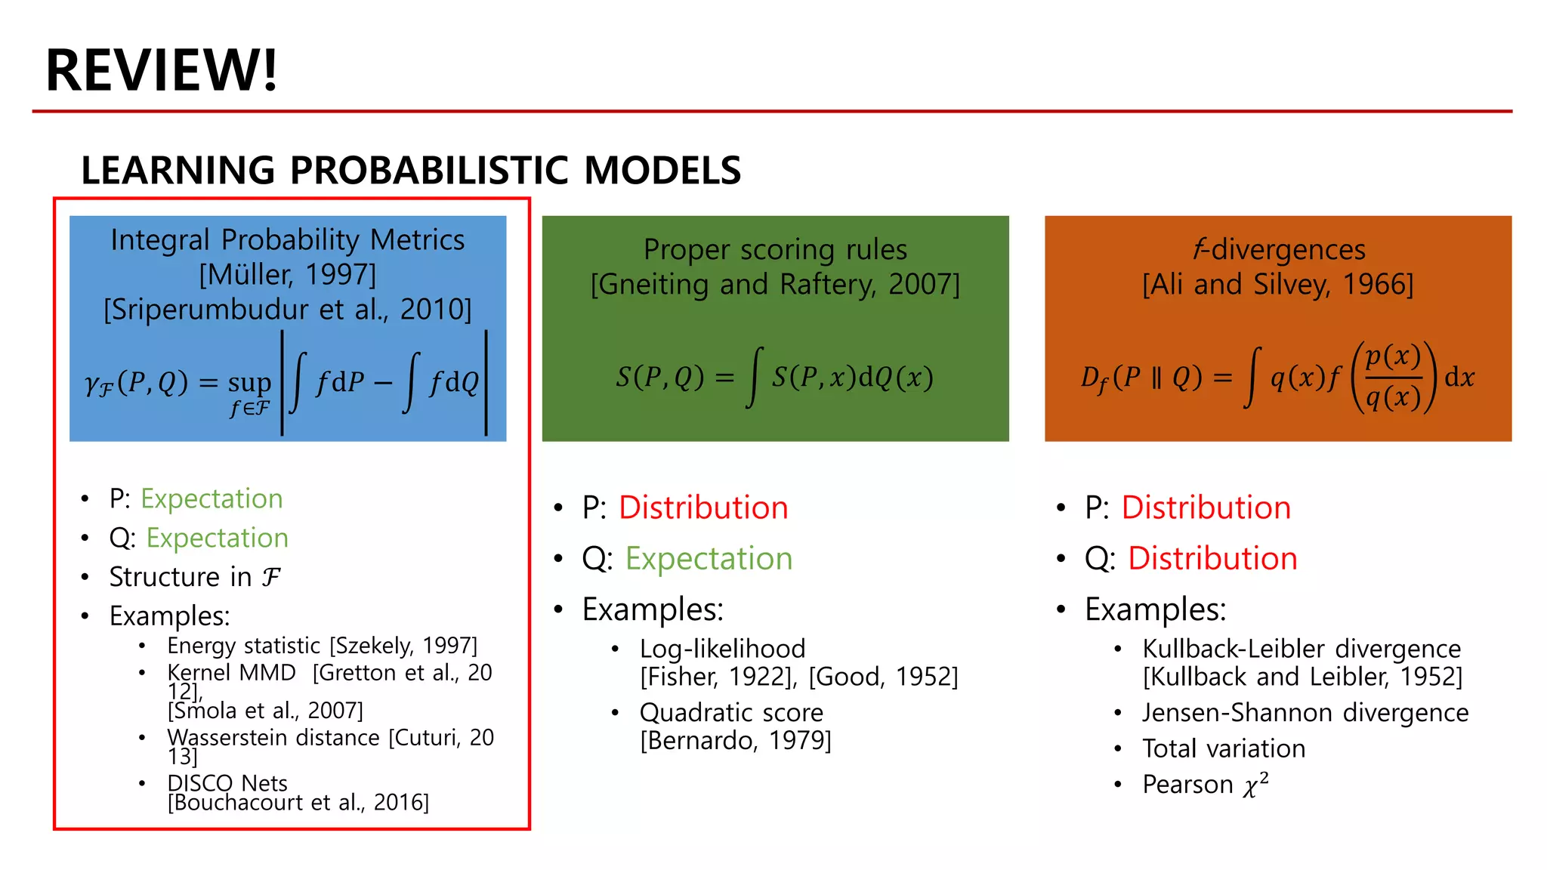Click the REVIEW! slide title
161,70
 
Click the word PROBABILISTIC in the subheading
428,170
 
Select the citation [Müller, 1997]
287,275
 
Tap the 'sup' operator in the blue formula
249,384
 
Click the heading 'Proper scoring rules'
775,249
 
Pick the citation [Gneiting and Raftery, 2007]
775,285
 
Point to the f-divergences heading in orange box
1279,249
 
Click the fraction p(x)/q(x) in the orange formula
1393,376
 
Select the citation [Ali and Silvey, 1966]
1277,285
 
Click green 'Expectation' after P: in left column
212,498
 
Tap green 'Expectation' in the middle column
709,559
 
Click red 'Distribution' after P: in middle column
703,507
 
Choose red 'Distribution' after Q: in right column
1212,559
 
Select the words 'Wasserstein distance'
273,737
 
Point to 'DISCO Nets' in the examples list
227,782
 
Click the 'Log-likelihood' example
722,649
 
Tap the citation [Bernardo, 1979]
735,741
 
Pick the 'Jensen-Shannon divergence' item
1305,712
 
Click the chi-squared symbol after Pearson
1255,785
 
